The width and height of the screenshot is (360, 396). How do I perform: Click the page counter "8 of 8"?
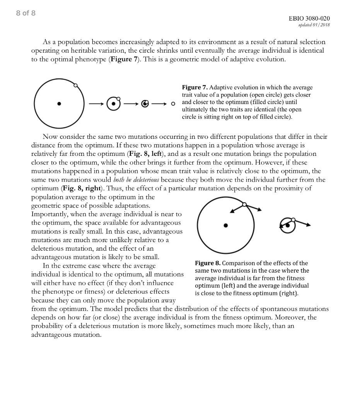26,13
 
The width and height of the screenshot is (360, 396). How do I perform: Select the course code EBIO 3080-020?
309,19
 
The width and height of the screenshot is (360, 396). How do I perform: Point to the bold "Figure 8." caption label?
208,263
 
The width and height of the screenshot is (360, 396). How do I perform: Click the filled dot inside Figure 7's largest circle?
59,104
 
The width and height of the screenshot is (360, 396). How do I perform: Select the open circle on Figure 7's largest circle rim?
75,85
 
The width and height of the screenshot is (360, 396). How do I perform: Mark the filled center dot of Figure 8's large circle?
226,225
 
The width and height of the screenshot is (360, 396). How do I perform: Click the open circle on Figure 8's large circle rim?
244,204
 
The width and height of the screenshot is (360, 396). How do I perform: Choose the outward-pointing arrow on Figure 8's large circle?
253,207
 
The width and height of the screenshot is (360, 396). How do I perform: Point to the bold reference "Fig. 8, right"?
82,188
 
